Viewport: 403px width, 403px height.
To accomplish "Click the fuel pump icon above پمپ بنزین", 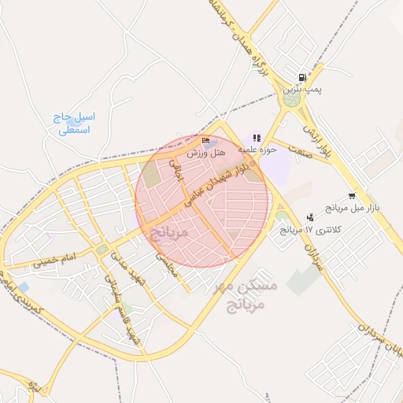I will point(301,78).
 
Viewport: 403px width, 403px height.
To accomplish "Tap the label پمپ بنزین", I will point(302,90).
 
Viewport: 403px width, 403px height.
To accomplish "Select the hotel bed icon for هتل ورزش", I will point(207,142).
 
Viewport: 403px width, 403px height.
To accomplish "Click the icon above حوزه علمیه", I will point(257,138).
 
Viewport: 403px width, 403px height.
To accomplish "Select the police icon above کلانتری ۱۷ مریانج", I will point(309,217).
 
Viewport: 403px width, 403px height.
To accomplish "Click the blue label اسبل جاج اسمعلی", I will point(73,124).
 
